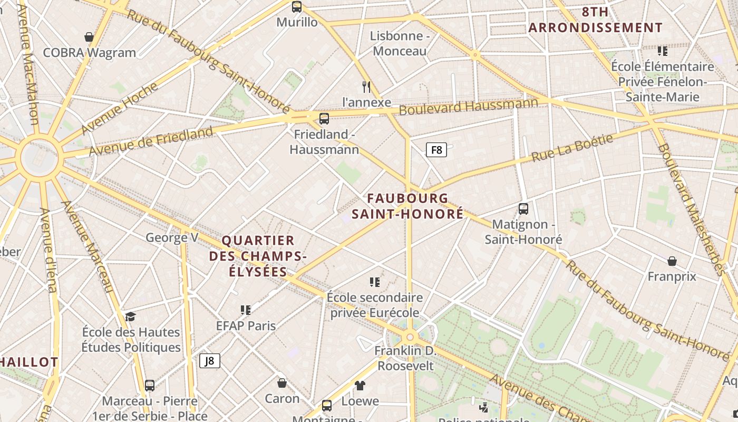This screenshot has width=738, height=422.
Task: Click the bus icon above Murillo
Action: pos(297,7)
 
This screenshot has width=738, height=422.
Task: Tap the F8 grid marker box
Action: pos(436,150)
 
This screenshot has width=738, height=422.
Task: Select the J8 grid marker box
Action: pos(210,361)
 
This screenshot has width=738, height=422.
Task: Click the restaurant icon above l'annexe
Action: pos(366,87)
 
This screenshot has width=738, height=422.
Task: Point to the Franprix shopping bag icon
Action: pos(672,261)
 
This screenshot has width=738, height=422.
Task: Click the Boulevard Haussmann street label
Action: pos(468,107)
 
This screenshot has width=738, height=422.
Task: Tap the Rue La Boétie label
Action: pos(572,148)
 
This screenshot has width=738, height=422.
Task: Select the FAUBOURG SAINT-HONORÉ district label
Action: pos(407,206)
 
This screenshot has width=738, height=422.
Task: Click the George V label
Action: pos(172,237)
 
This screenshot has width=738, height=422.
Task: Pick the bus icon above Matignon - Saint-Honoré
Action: pos(523,209)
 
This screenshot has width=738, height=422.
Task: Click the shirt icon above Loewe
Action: pos(360,386)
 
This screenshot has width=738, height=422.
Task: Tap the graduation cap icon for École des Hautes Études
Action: pos(130,316)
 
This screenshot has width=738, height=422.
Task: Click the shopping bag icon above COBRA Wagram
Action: pos(89,37)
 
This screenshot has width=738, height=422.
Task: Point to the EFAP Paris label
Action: pos(246,325)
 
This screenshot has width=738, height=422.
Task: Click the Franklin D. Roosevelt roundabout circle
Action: pos(410,337)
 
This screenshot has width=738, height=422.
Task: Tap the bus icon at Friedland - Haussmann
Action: pos(324,119)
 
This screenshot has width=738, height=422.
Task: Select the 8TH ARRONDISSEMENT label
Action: pos(595,20)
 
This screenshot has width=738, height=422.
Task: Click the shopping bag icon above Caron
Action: pos(282,383)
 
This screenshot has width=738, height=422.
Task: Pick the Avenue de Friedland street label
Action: pos(151,141)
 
